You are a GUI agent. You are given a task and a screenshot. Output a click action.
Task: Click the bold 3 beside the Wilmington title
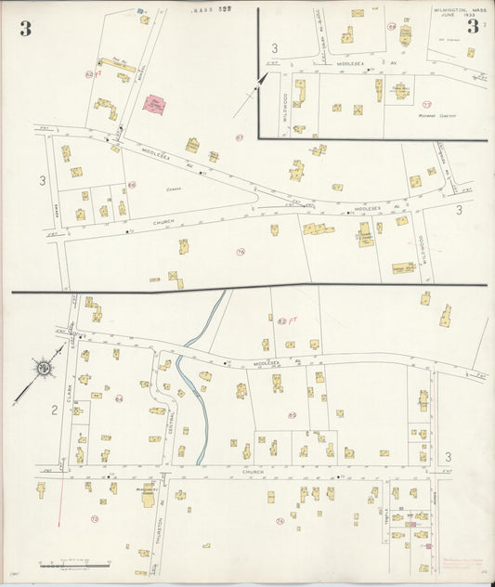pyautogui.click(x=473, y=27)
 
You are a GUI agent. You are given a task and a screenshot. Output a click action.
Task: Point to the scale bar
pyautogui.click(x=74, y=564)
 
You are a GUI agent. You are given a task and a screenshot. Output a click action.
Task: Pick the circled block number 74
pyautogui.click(x=280, y=521)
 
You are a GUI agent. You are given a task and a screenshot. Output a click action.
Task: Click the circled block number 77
pyautogui.click(x=426, y=103)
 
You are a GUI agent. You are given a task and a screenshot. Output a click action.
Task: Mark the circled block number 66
pyautogui.click(x=131, y=184)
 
